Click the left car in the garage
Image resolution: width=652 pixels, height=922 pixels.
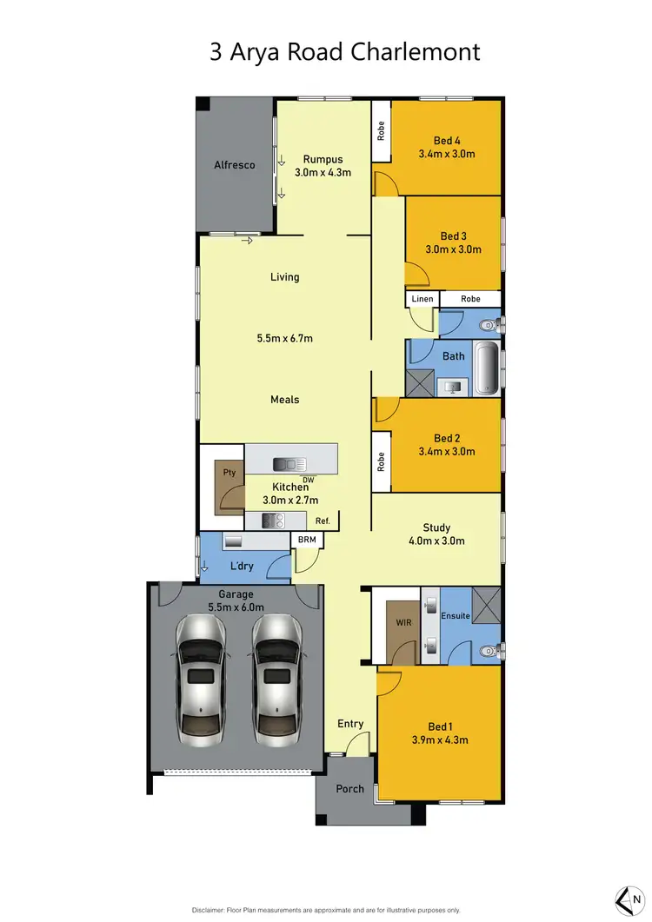point(203,678)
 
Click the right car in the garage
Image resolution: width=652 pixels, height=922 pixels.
point(277,678)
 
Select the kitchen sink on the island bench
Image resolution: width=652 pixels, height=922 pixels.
point(285,463)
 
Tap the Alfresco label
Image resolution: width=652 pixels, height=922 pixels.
point(235,164)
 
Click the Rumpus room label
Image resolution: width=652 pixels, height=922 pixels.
point(323,159)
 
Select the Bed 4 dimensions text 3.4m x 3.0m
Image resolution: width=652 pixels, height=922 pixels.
point(446,155)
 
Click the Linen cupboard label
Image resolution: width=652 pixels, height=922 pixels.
point(422,299)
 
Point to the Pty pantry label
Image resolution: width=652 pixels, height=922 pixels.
point(230,473)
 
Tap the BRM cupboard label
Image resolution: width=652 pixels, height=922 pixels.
point(307,540)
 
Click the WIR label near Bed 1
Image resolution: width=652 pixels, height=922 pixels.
point(403,622)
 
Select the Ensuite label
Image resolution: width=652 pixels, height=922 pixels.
point(456,616)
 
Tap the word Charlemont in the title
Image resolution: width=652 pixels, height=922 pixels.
point(415,51)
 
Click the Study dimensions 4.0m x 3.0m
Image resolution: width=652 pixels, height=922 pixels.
point(436,541)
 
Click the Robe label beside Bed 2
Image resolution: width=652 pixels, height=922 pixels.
point(382,461)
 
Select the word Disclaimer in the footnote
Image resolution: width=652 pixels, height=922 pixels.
point(212,910)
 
